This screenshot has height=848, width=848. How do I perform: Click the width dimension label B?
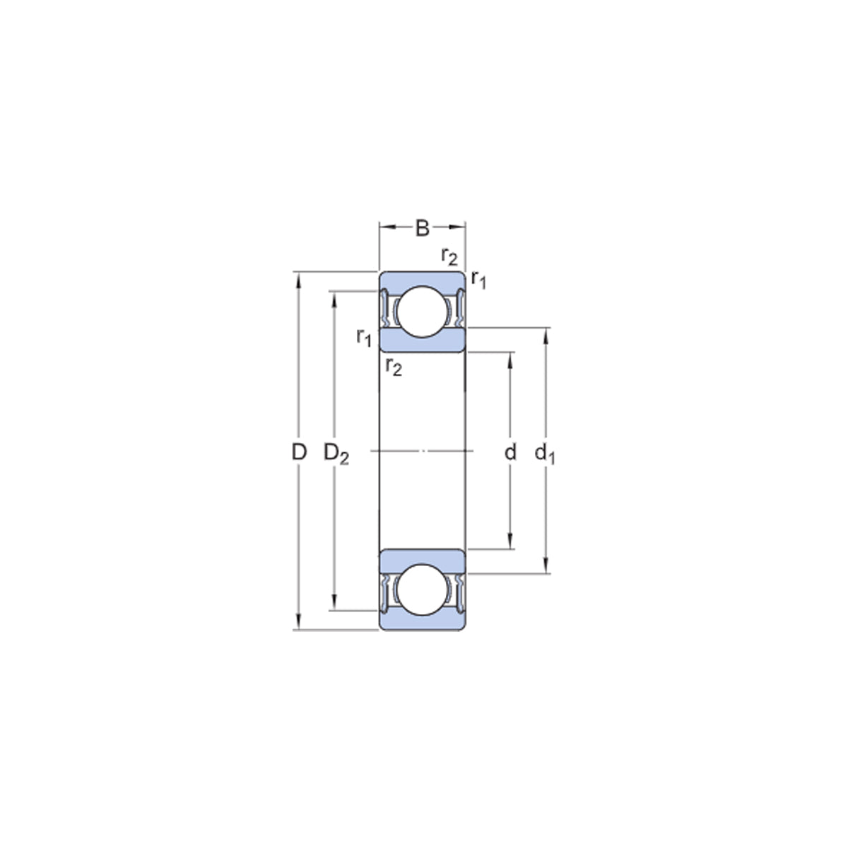click(422, 228)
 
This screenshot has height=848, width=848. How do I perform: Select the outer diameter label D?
click(299, 452)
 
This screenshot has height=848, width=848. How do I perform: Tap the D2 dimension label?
click(336, 454)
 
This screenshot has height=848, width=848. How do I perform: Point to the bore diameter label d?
click(510, 452)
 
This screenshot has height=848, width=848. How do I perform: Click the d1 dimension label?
click(545, 454)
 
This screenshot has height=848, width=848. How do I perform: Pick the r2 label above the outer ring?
click(449, 256)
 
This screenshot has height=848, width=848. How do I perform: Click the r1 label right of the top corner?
click(479, 279)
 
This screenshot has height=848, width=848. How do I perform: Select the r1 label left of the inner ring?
click(364, 338)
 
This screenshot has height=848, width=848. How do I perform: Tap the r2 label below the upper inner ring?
click(394, 367)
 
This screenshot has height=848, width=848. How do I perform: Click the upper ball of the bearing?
click(422, 312)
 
